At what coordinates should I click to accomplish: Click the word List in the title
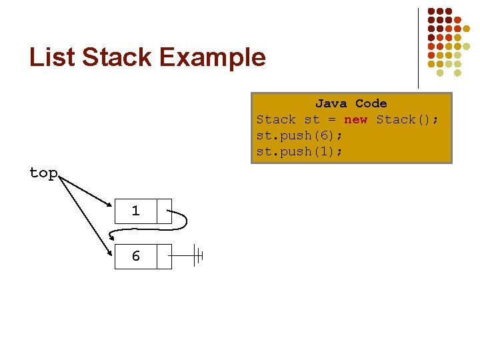(x=52, y=57)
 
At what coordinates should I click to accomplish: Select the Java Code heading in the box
(x=351, y=103)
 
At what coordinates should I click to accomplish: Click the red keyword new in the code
(x=355, y=119)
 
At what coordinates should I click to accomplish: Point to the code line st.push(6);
(x=299, y=135)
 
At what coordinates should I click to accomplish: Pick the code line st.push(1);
(x=299, y=151)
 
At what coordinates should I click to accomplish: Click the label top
(x=43, y=173)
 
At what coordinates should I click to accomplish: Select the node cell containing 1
(x=135, y=211)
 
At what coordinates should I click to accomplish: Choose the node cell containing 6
(x=135, y=256)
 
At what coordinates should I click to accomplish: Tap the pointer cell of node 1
(x=164, y=211)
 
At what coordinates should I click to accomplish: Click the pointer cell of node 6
(x=164, y=256)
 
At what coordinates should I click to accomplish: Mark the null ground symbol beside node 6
(x=197, y=255)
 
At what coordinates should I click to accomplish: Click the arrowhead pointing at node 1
(x=109, y=204)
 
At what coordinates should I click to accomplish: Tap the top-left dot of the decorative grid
(x=431, y=11)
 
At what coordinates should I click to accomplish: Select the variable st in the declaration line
(x=311, y=119)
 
